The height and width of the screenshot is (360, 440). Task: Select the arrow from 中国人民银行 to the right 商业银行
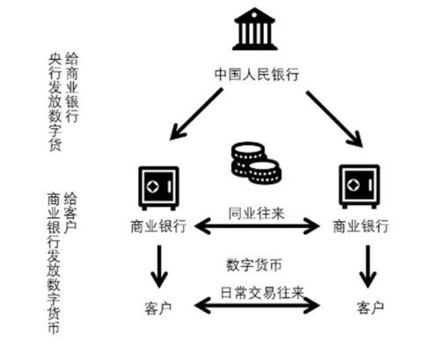tap(333, 114)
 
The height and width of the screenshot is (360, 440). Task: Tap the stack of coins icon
tap(255, 162)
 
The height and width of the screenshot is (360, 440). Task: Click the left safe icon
tap(158, 187)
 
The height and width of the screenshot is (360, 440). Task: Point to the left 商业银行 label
tap(158, 226)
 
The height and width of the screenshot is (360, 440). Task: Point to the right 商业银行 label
tap(361, 226)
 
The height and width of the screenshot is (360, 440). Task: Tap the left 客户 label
tap(157, 307)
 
